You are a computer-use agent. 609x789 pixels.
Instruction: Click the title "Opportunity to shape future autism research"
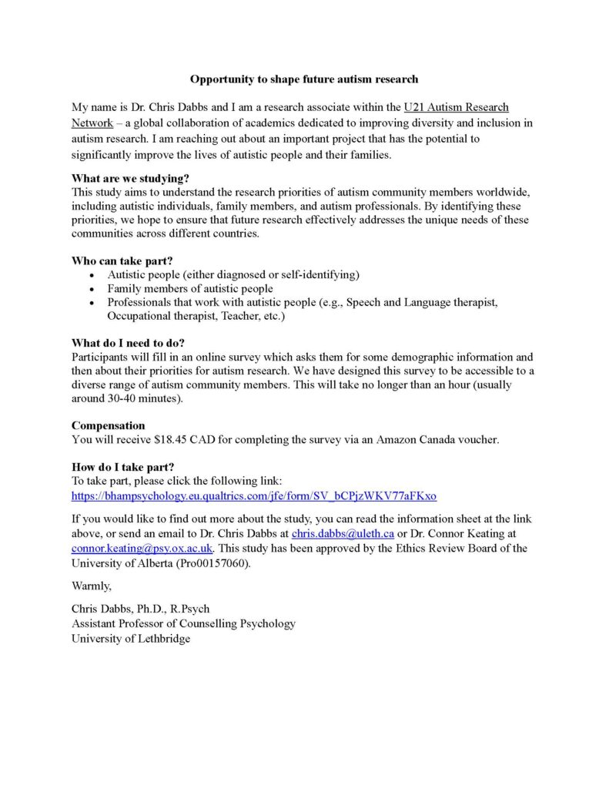point(304,79)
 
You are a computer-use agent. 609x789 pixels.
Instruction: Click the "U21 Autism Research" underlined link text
point(456,108)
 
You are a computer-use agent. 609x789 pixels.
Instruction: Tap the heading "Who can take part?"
point(117,260)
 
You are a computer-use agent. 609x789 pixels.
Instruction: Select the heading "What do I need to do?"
point(128,343)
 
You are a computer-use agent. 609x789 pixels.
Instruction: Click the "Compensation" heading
point(108,425)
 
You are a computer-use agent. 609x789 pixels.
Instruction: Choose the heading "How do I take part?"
point(122,467)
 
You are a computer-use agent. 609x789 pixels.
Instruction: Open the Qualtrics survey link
point(254,495)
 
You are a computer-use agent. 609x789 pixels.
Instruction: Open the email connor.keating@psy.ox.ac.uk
point(142,548)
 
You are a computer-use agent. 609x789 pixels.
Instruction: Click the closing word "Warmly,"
point(92,586)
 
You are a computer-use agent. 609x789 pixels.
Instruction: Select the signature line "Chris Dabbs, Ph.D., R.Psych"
point(140,609)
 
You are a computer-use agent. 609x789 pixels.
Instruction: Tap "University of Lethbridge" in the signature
point(131,638)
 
